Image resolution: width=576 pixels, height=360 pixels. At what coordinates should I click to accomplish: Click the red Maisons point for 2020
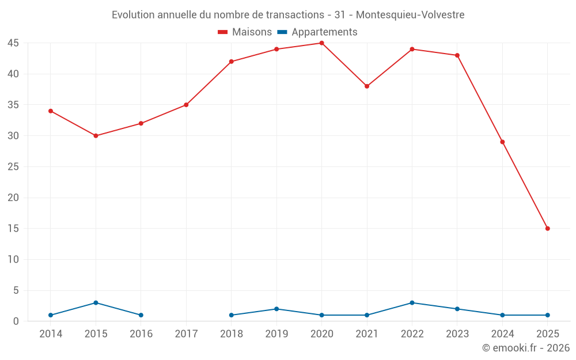pyautogui.click(x=321, y=43)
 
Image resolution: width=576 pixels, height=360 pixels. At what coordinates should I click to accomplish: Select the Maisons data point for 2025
pyautogui.click(x=547, y=229)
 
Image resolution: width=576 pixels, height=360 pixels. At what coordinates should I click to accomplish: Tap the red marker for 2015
pyautogui.click(x=96, y=136)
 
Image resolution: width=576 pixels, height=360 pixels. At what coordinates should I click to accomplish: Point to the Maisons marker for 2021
pyautogui.click(x=367, y=86)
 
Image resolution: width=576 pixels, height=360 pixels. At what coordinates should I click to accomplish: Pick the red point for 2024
pyautogui.click(x=502, y=142)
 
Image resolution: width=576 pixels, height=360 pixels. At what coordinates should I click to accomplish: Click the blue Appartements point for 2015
pyautogui.click(x=96, y=303)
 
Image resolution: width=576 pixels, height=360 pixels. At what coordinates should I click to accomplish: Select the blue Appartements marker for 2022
pyautogui.click(x=412, y=303)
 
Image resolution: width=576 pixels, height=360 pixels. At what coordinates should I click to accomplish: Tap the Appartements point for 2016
pyautogui.click(x=141, y=315)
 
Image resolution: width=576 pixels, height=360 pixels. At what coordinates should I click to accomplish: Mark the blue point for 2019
pyautogui.click(x=276, y=309)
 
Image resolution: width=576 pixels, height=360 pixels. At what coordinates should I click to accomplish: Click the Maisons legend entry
pyautogui.click(x=245, y=32)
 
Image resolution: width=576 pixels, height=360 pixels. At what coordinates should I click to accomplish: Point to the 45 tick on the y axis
pyautogui.click(x=13, y=43)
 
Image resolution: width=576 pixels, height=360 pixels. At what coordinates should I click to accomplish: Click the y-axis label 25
pyautogui.click(x=13, y=167)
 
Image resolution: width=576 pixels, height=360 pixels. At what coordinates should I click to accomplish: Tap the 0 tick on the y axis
pyautogui.click(x=16, y=321)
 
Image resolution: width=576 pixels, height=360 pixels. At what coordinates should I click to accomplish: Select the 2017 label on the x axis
pyautogui.click(x=186, y=334)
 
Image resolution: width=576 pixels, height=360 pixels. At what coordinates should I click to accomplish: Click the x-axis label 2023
pyautogui.click(x=457, y=334)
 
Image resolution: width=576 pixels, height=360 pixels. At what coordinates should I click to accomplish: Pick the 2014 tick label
pyautogui.click(x=51, y=334)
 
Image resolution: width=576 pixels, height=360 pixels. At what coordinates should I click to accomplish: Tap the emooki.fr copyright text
pyautogui.click(x=525, y=348)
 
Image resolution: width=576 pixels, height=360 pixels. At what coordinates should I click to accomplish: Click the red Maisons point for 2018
pyautogui.click(x=231, y=62)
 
